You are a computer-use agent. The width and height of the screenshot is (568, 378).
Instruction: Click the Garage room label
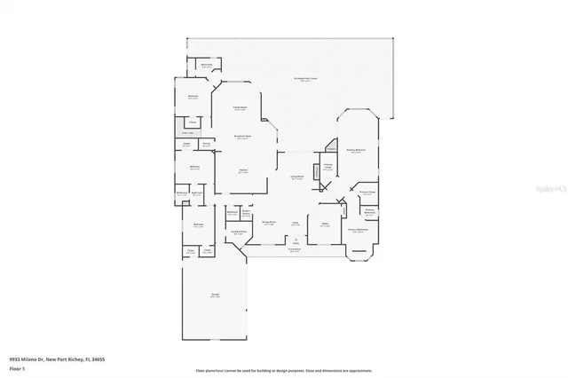[216, 296]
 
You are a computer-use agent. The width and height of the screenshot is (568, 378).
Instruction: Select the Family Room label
[240, 108]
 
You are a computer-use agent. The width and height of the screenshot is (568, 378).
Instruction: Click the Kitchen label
[242, 171]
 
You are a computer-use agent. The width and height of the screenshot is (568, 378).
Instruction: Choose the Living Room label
[296, 177]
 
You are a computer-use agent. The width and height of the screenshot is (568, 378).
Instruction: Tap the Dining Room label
[269, 224]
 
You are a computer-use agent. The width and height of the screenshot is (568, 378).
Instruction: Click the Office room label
[325, 225]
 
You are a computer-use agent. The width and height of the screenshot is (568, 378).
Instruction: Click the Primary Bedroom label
[357, 151]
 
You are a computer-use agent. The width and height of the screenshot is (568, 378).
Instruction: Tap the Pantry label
[206, 144]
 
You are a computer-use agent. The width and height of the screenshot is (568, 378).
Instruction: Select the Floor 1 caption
[17, 367]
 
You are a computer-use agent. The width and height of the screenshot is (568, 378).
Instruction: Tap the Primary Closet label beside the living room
[327, 167]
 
